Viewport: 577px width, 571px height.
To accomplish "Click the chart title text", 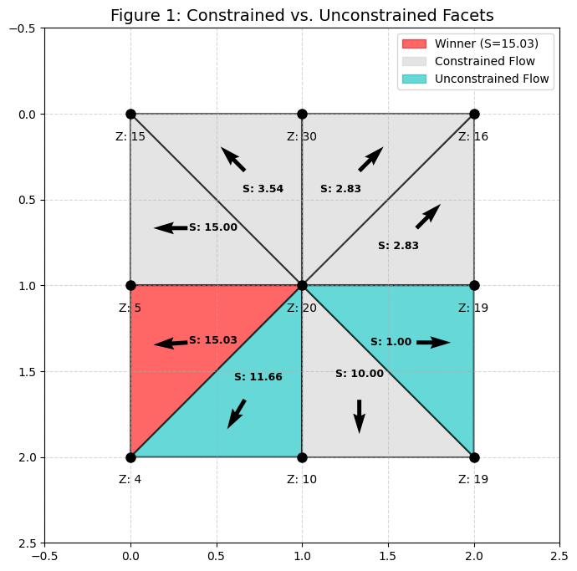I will pos(302,15).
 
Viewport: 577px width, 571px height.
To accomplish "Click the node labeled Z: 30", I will pos(302,114).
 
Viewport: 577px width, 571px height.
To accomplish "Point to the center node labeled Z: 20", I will pos(302,286).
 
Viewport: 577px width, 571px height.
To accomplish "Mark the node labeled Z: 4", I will pos(130,457).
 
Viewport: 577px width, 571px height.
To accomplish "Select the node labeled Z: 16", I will pos(474,114).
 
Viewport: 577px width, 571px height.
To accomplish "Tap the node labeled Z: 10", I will pos(302,457).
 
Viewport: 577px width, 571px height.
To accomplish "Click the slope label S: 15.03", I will pos(213,340).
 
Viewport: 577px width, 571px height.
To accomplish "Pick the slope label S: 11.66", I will pos(258,377).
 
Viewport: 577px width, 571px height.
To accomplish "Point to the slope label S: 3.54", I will pos(263,189).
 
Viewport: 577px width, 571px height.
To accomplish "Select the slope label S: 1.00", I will pos(391,342).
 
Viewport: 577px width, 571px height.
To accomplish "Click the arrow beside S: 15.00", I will pos(171,227).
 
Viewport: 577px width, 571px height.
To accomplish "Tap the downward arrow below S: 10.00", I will pos(359,416).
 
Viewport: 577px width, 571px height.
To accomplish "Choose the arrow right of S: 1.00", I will pos(433,341).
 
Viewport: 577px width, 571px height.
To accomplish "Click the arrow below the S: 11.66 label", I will pos(237,413).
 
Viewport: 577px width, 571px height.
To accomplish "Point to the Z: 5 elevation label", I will pos(130,308).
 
